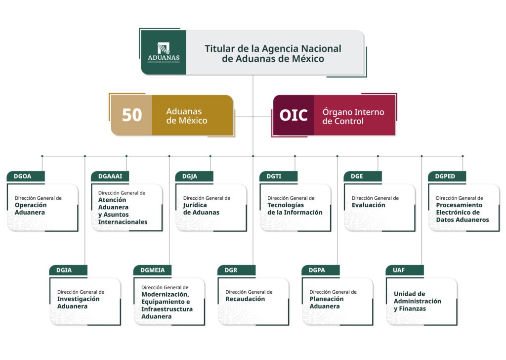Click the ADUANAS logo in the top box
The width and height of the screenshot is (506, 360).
[164, 52]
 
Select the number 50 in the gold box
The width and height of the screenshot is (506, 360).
[132, 115]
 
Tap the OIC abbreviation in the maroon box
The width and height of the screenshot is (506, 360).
[294, 115]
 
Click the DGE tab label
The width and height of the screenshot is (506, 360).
[357, 176]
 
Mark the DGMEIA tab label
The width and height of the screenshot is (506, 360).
[152, 270]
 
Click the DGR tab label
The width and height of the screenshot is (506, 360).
[231, 270]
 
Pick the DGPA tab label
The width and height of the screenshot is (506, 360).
[317, 270]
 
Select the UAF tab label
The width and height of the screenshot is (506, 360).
[399, 270]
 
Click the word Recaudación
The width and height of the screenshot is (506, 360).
[245, 299]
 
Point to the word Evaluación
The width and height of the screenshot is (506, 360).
[368, 205]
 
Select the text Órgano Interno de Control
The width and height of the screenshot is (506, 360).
[353, 117]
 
